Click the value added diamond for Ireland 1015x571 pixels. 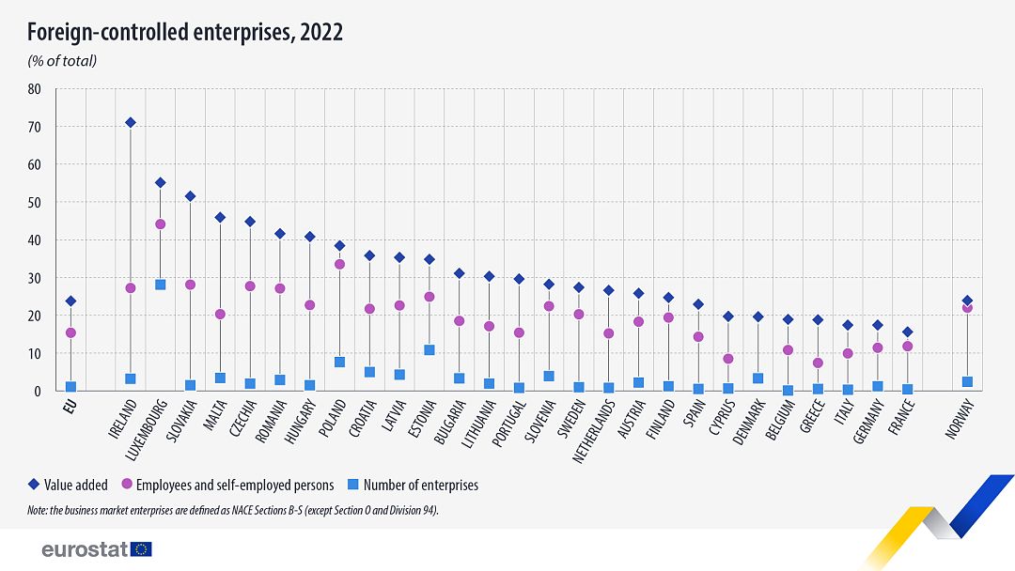pos(131,122)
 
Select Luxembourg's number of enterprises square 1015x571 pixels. pos(160,285)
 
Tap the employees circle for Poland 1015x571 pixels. pos(339,264)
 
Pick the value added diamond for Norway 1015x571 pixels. pos(967,301)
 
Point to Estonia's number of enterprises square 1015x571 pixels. pos(429,350)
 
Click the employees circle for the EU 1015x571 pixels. pos(70,332)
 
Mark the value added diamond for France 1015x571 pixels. pos(907,332)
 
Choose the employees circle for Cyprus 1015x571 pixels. pos(728,359)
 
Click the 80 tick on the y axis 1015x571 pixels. pos(35,89)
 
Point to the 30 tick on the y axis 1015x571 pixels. pos(35,278)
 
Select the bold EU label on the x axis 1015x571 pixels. pos(68,406)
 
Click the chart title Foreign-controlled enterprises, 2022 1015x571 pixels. pos(184,33)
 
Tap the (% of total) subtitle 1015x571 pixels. pos(61,61)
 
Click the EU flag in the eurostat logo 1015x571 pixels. pos(142,549)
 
